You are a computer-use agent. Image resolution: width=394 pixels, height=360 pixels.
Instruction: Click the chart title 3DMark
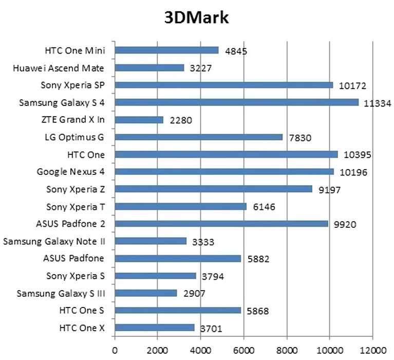196,17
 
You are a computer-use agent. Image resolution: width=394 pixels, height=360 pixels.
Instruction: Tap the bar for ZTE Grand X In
139,120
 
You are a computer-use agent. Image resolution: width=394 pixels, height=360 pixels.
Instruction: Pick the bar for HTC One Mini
166,50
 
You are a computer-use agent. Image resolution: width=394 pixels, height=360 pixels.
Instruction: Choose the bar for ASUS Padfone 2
221,224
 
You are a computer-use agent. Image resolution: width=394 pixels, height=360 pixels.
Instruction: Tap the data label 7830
299,138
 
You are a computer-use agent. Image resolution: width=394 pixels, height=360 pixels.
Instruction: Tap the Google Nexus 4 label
74,172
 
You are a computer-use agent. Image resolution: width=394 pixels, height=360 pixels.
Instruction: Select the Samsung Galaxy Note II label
58,241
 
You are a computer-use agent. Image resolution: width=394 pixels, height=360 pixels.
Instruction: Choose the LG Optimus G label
78,137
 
